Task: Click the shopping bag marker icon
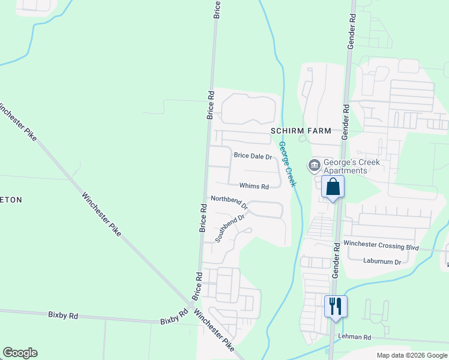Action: click(x=333, y=187)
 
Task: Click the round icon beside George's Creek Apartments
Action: click(x=314, y=165)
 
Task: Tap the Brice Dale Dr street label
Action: click(x=253, y=156)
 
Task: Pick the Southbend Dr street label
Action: click(x=231, y=228)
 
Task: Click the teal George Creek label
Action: click(x=287, y=162)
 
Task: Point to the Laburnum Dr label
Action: click(x=382, y=261)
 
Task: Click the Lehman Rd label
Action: click(x=355, y=337)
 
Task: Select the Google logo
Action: click(x=20, y=353)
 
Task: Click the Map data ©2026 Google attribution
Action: click(x=412, y=355)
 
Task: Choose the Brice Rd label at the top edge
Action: click(x=217, y=9)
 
